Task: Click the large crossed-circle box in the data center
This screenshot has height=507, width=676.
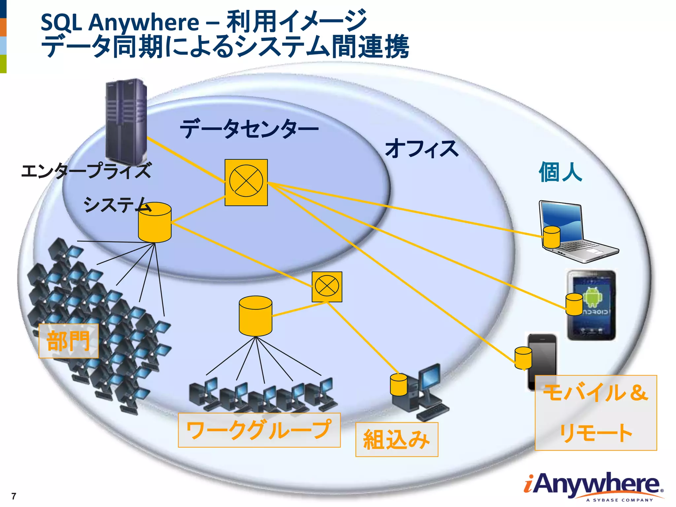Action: tap(246, 182)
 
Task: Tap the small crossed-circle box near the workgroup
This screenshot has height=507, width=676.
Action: tap(327, 287)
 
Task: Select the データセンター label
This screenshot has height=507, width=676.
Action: tap(249, 129)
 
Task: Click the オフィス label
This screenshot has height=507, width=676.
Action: tap(422, 148)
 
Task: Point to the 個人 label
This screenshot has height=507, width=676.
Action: tap(560, 172)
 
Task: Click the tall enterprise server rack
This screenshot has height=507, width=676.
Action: tap(126, 122)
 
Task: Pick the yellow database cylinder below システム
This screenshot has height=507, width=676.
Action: tap(154, 223)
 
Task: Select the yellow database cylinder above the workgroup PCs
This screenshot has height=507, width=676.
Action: tap(255, 316)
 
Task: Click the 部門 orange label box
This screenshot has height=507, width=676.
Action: tap(69, 341)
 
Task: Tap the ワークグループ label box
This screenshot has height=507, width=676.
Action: tap(259, 430)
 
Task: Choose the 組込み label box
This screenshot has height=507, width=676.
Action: tap(396, 439)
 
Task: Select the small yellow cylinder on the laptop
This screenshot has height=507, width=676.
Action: tap(551, 237)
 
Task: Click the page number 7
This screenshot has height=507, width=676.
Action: tap(14, 496)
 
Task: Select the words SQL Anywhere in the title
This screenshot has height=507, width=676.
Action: tap(119, 22)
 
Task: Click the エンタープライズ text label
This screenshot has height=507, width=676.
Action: tap(86, 171)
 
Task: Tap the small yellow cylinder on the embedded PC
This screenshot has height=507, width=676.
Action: tap(398, 385)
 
